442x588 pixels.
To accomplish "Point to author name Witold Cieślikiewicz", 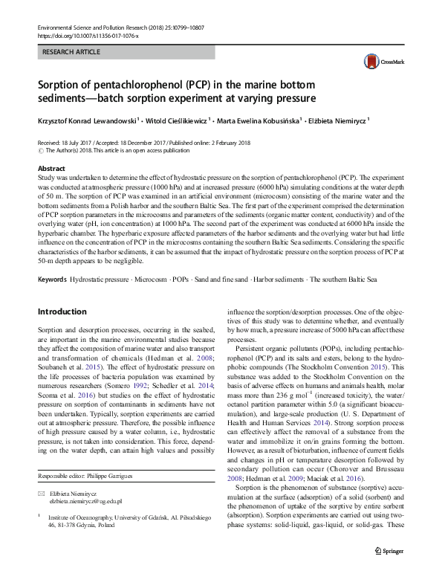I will tap(177, 119).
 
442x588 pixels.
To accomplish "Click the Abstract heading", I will tap(51, 169).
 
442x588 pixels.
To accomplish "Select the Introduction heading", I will tap(62, 291).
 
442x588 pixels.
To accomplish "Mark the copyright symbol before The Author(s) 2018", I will tap(41, 150).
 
